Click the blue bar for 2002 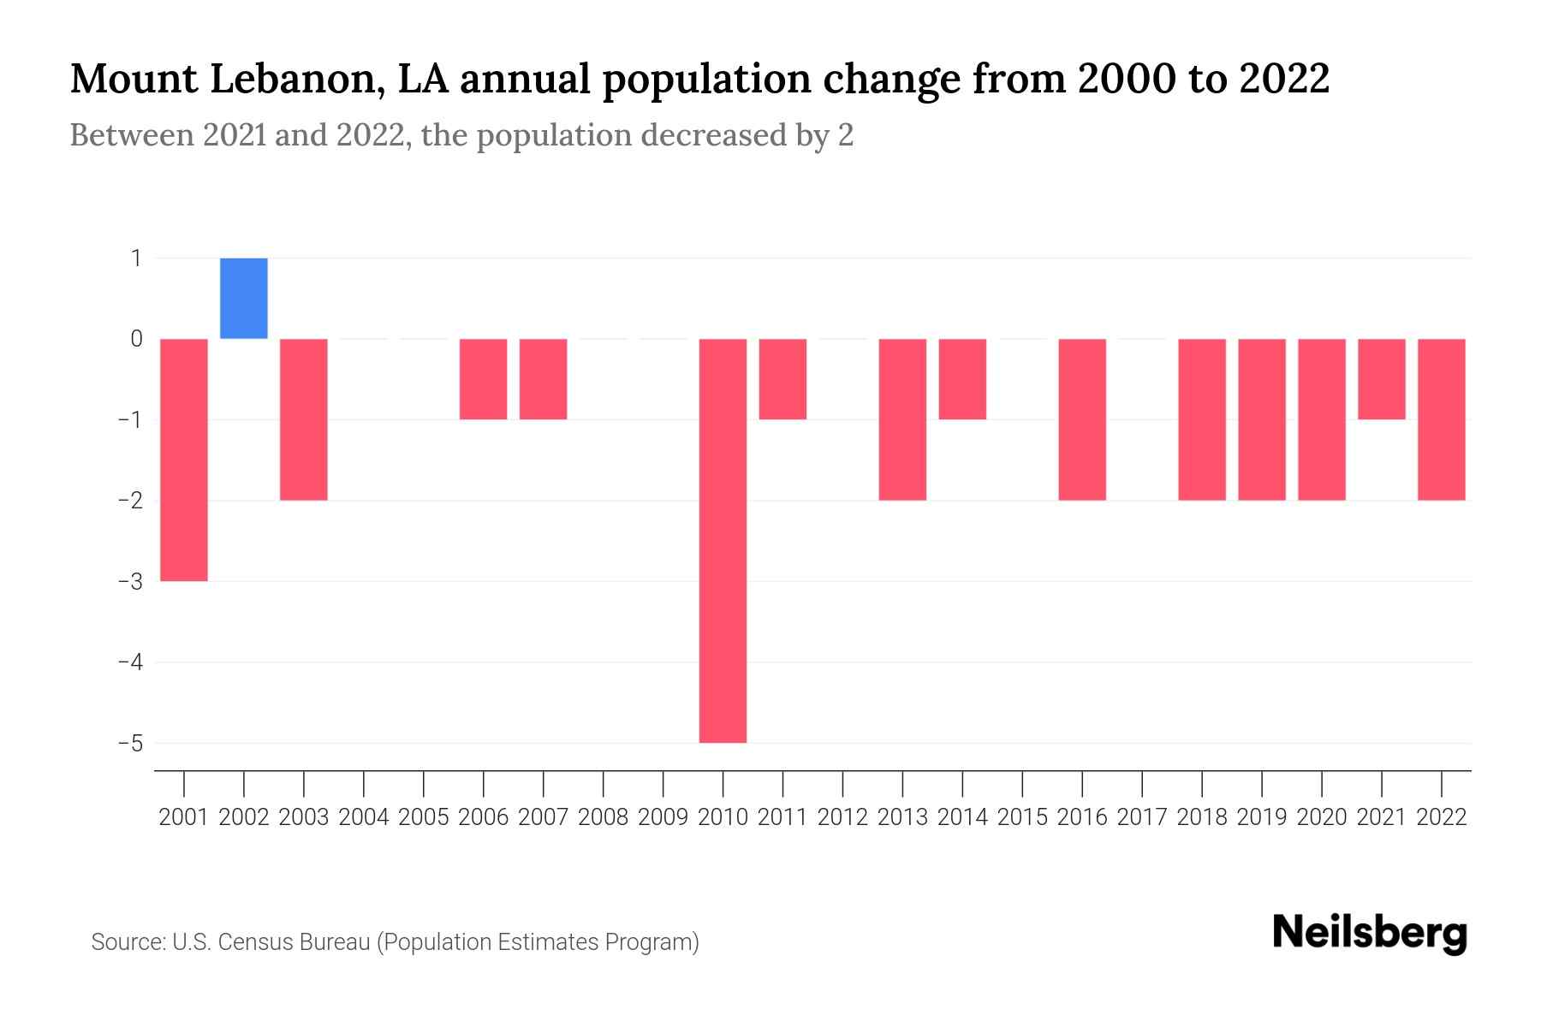(x=244, y=298)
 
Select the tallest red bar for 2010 (x=723, y=541)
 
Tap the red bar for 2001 (x=184, y=460)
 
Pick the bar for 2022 (x=1442, y=419)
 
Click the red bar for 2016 (x=1082, y=419)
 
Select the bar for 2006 (x=484, y=379)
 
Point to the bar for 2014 (x=962, y=379)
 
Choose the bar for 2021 (x=1382, y=379)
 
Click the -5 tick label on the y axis (x=130, y=743)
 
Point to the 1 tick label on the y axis (x=136, y=258)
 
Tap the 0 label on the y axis (x=136, y=339)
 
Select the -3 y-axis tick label (x=130, y=581)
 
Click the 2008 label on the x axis (x=604, y=817)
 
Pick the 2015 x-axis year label (x=1022, y=817)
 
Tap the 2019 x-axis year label (x=1262, y=817)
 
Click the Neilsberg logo (x=1370, y=933)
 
